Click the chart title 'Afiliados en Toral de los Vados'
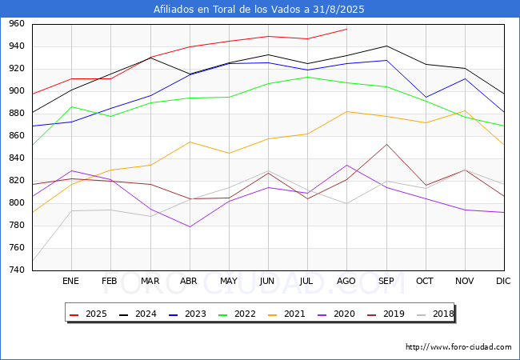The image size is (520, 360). pos(258,9)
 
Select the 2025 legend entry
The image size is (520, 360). pos(88,314)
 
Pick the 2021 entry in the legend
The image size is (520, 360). pos(286,314)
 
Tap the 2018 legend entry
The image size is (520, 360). pos(435,314)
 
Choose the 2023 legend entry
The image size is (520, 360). pos(187,314)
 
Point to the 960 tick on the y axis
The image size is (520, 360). pos(17,23)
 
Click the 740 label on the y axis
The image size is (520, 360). pos(17,270)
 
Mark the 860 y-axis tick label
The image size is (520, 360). pos(17,135)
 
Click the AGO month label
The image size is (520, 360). pos(346,281)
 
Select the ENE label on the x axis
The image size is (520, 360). pos(70,281)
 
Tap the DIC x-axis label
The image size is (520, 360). pos(503,281)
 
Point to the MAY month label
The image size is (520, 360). pos(229,281)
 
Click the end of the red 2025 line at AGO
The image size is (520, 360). pos(347,29)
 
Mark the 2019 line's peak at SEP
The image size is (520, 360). pos(386,144)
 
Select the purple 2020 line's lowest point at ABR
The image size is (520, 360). pos(190,226)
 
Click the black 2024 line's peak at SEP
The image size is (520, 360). pos(386,46)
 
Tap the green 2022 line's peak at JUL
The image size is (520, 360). pos(308,78)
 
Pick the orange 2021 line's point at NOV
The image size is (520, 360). pos(465,110)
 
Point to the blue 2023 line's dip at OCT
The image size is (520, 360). pos(426,97)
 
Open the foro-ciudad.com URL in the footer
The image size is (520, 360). pos(458,347)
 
